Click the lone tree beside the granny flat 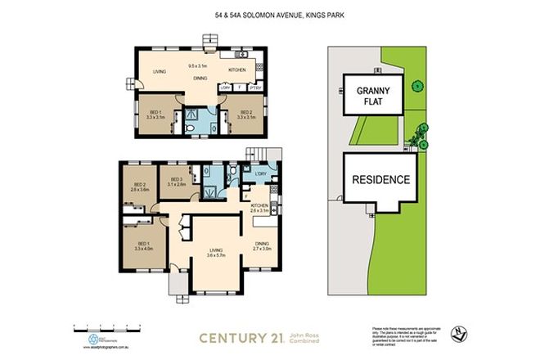click(417, 85)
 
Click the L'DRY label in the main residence click(261, 175)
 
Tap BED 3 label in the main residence click(176, 181)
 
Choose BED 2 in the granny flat click(241, 114)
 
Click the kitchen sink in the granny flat click(243, 54)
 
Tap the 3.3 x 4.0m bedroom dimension click(144, 248)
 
